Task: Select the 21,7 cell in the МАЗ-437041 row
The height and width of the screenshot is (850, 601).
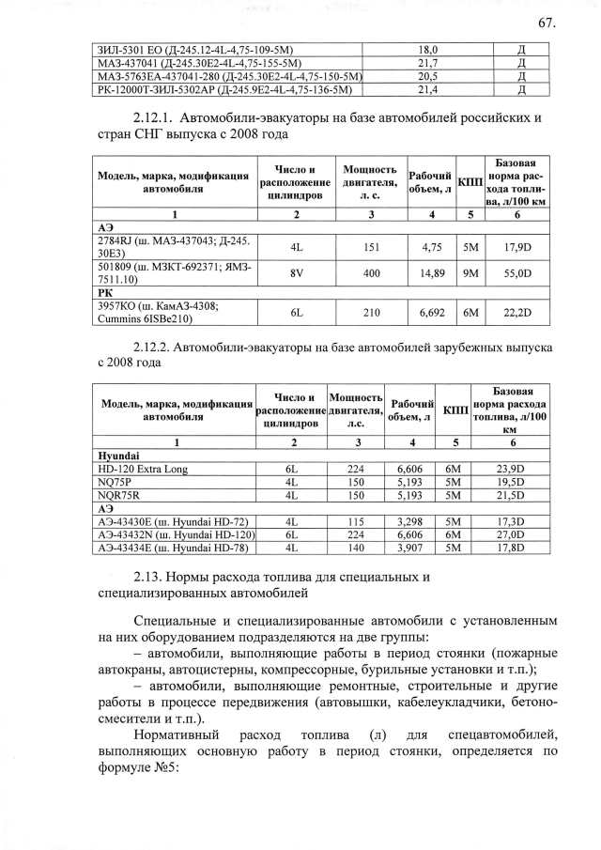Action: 428,62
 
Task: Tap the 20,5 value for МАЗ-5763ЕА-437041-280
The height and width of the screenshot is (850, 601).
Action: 428,76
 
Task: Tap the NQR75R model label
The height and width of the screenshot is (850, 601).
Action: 118,495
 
